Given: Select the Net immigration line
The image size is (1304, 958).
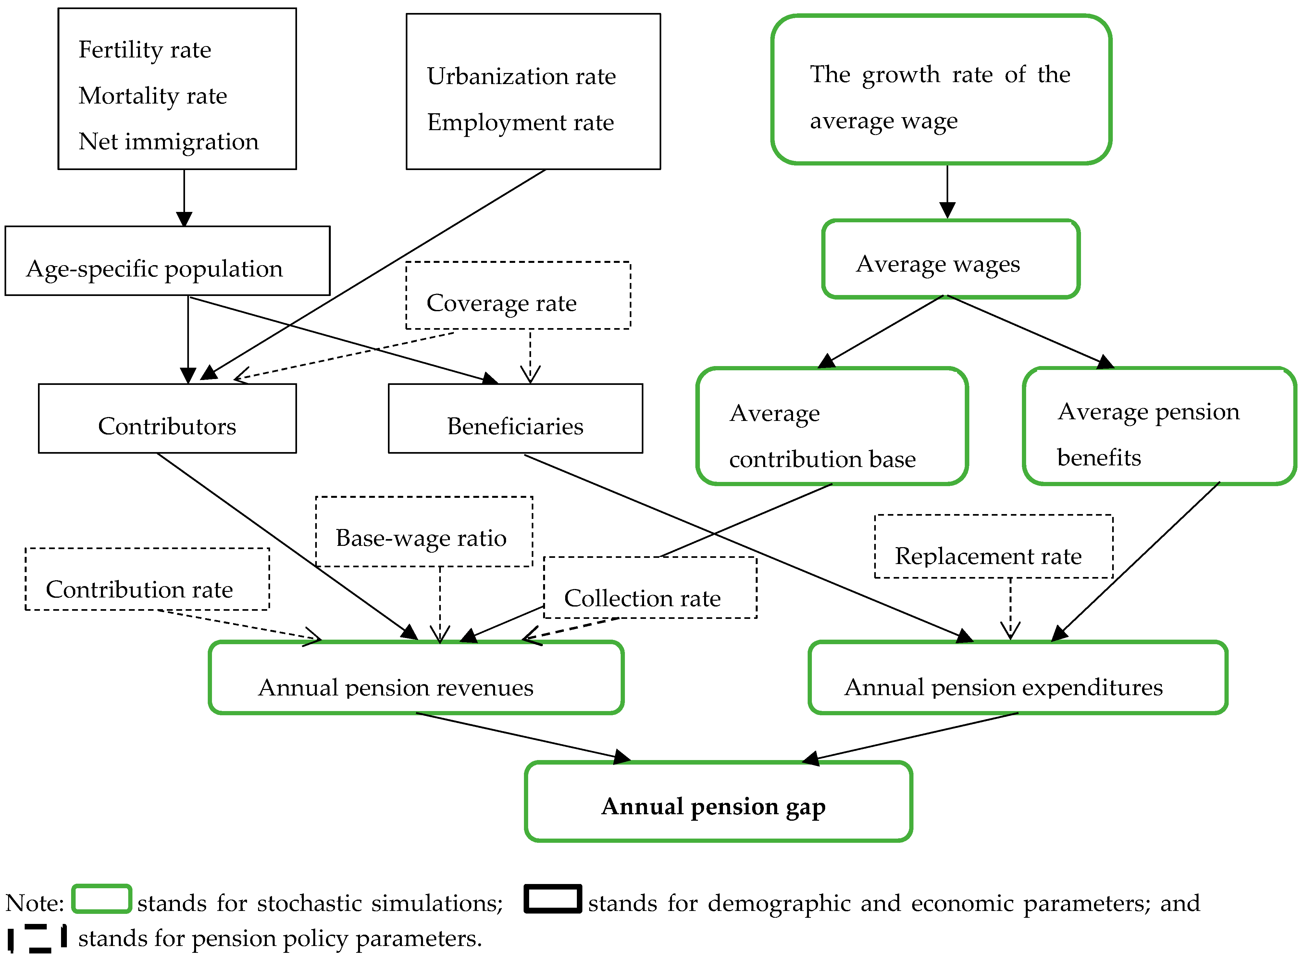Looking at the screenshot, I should pos(168,141).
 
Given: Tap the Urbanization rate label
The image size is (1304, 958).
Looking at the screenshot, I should pos(521,77).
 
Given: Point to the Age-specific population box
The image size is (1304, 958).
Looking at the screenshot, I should pos(167,261).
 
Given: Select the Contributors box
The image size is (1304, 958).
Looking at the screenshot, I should pos(167,419).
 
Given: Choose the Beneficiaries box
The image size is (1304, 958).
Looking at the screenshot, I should pos(515,419).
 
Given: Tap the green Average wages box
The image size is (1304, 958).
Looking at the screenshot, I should pos(950,259).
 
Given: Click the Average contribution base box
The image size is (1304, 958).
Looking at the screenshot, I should pos(832,426).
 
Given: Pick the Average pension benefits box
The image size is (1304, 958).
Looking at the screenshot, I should pos(1159,426).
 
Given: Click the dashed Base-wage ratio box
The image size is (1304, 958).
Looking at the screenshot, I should pos(423,532).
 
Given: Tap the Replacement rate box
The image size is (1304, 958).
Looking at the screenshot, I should pos(993,547).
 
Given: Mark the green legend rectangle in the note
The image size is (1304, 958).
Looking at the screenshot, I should pos(102,899).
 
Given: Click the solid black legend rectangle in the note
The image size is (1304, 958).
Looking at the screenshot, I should pos(552,899).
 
